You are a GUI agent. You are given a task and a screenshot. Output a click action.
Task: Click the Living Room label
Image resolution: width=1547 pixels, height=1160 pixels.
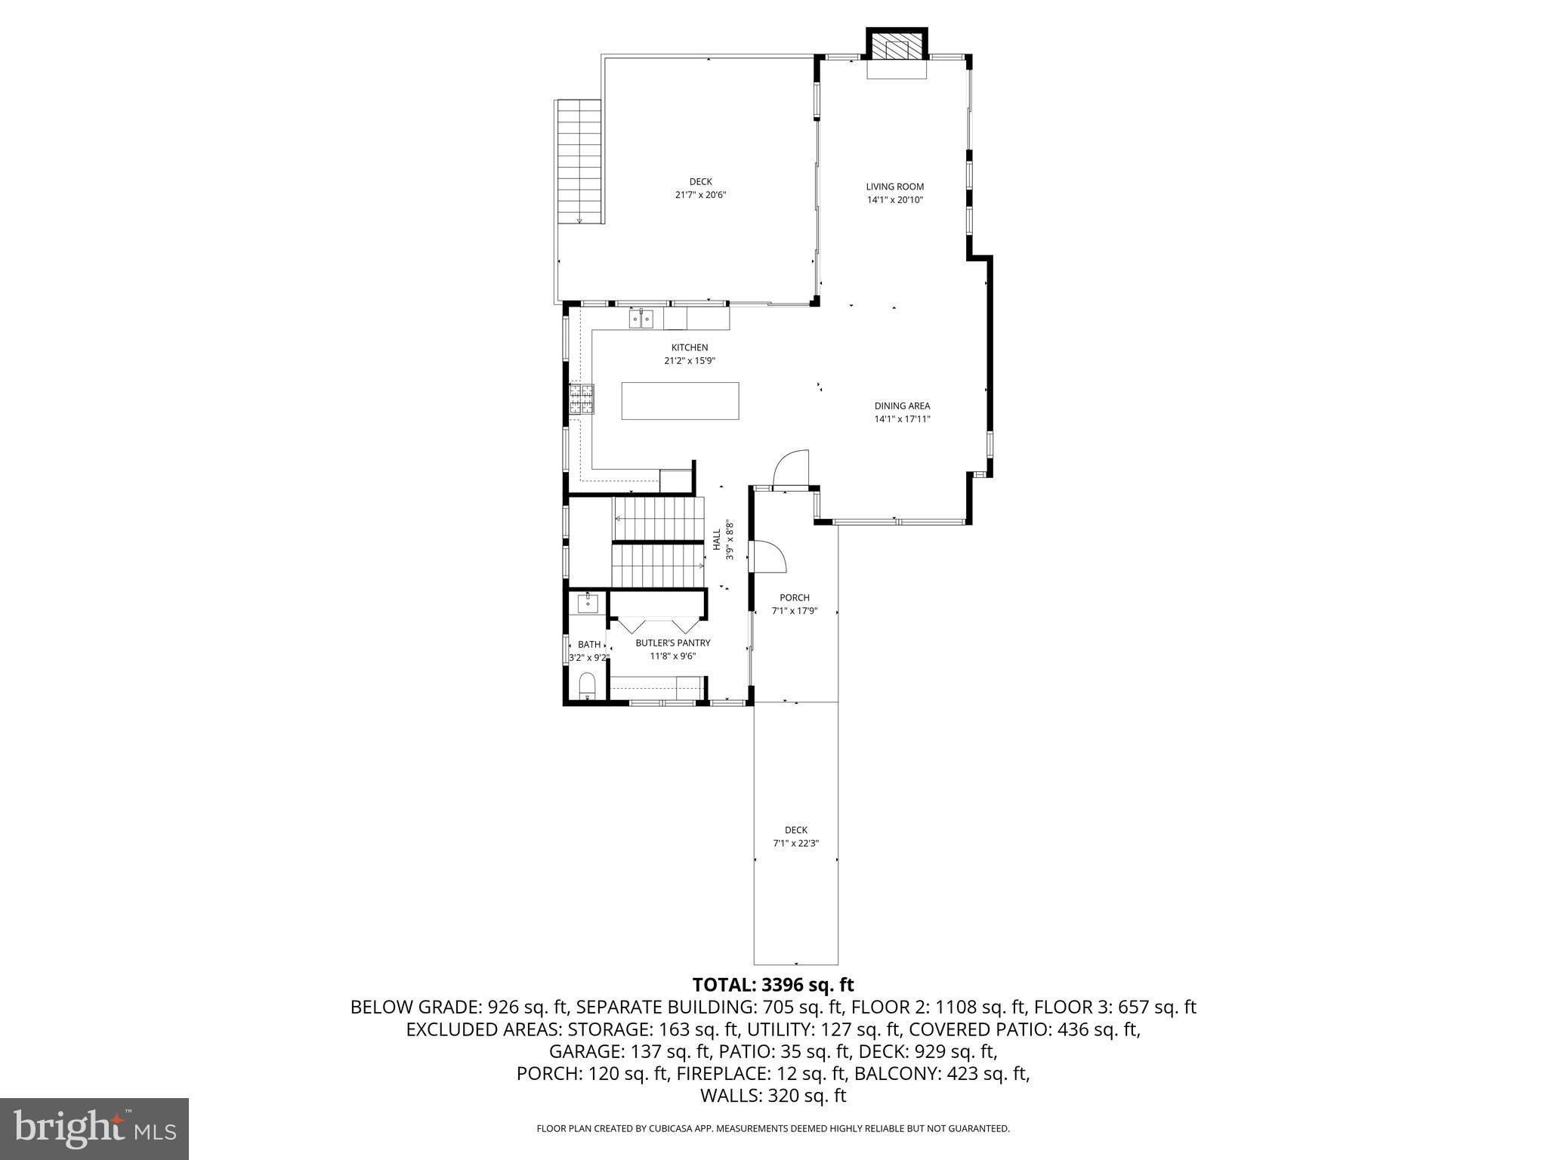894,187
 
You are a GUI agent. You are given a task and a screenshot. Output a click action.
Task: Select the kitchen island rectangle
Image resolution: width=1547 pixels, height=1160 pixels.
680,400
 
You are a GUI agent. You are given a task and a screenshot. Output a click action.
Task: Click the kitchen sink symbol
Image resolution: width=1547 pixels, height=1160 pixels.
641,319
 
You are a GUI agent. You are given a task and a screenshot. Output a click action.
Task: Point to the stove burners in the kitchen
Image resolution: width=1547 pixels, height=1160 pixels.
582,400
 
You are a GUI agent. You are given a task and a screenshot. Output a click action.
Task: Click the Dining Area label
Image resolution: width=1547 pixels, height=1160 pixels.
902,406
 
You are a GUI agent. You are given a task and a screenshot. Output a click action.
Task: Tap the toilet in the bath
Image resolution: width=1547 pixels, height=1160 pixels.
587,686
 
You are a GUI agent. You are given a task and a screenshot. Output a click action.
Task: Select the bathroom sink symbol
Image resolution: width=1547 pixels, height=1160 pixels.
587,603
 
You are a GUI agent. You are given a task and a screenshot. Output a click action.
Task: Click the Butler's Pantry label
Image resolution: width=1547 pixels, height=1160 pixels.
672,643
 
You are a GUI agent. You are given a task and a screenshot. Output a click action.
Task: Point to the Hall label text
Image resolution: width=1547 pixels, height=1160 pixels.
716,539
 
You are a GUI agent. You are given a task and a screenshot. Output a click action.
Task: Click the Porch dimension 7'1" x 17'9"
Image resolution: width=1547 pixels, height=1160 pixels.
795,611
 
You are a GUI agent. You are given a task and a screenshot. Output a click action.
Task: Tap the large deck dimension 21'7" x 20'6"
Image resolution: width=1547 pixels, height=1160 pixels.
700,195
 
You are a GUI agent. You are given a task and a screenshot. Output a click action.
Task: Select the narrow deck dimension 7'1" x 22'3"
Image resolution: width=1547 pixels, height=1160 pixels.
795,844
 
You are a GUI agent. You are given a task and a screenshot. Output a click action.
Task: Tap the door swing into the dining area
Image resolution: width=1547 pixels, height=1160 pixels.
792,468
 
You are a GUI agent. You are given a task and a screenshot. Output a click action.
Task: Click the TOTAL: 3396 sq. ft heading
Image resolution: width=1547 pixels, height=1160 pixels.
773,985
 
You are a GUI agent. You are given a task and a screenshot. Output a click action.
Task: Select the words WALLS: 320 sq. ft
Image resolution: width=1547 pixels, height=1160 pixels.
773,1096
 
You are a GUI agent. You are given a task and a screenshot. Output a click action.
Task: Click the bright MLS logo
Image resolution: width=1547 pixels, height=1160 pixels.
94,1129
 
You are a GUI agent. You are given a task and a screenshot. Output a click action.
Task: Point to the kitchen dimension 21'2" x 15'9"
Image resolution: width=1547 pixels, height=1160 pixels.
689,361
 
